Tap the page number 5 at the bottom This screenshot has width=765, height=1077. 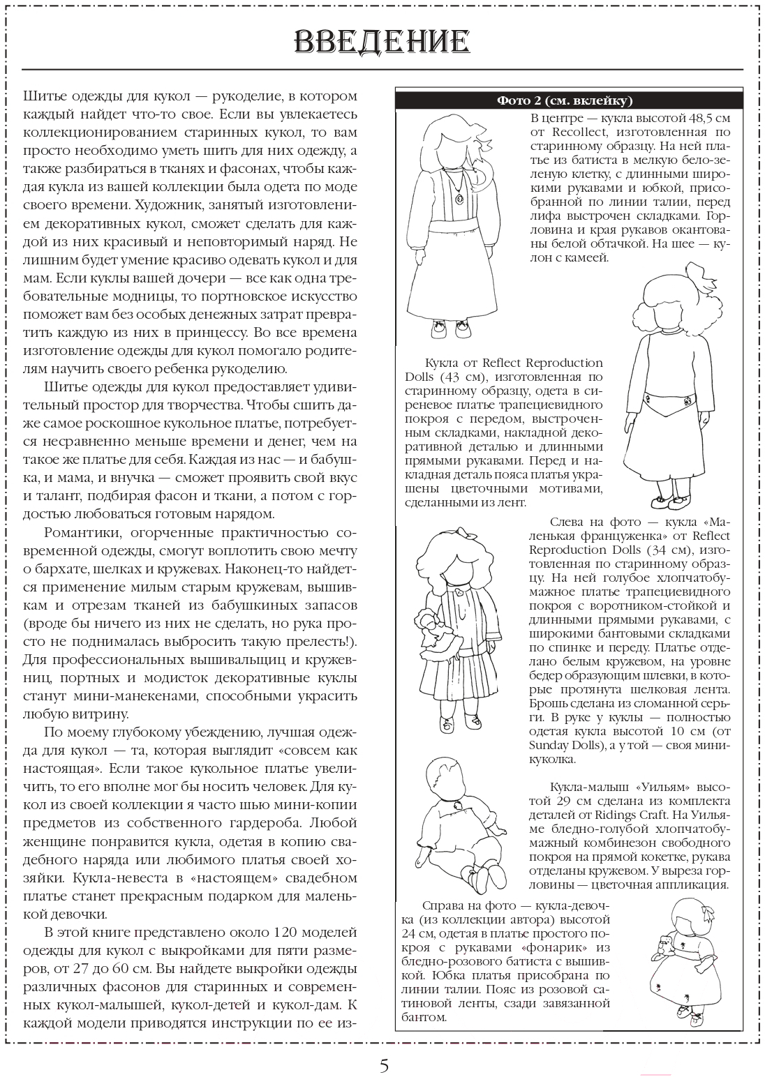(x=383, y=1065)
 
